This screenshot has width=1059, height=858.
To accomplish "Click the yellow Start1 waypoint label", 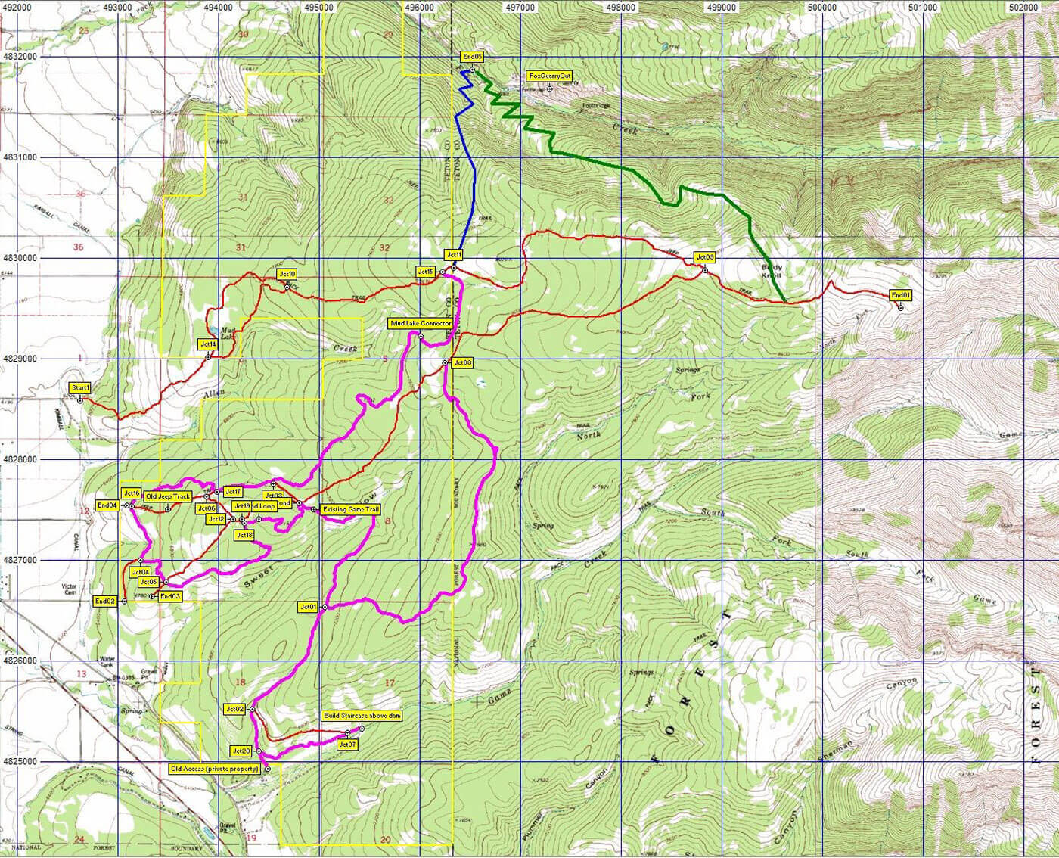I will [x=80, y=388].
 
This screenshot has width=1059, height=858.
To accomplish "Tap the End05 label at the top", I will [x=472, y=57].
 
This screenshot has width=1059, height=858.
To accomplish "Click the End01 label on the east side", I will [x=900, y=295].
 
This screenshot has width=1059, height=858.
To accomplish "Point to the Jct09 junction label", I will [x=704, y=257].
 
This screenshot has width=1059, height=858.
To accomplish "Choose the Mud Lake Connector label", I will [x=421, y=323].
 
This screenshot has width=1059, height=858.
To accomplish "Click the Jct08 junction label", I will [x=461, y=362].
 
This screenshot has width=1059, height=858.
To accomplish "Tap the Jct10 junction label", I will [x=287, y=273].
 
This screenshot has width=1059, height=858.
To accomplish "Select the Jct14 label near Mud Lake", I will [x=208, y=344].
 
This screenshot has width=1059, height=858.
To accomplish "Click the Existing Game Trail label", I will [x=350, y=510].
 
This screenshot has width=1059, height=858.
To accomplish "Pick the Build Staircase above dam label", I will [x=362, y=715].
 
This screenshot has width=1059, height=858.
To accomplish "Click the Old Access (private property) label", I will [x=215, y=769].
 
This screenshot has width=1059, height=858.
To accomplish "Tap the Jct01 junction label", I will [x=308, y=607].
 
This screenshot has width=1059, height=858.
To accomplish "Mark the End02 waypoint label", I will [x=104, y=601].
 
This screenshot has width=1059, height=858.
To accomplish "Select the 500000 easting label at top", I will [x=821, y=7].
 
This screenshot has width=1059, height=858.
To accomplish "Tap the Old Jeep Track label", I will [x=168, y=496].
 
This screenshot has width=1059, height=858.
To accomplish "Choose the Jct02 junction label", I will [x=234, y=709].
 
